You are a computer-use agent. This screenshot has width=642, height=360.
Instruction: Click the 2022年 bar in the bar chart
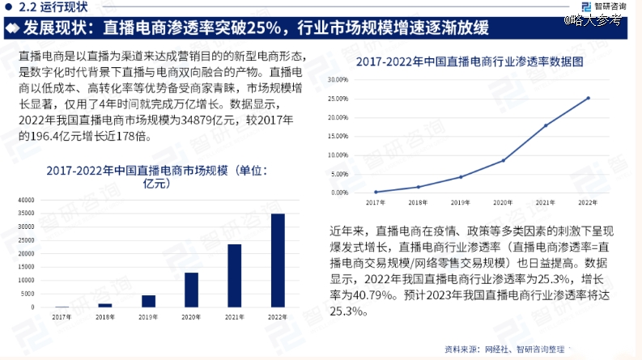278,260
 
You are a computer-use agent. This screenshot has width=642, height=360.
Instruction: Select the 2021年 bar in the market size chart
234,276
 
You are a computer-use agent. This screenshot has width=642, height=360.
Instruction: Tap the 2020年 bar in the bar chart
191,290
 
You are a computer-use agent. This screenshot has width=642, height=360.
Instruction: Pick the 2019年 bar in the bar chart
148,301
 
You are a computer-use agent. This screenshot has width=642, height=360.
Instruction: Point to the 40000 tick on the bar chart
27,199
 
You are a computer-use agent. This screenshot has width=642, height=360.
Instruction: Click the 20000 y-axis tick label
27,253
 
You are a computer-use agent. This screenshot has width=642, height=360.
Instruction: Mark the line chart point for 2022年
589,98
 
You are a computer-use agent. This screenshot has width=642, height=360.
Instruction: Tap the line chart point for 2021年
546,125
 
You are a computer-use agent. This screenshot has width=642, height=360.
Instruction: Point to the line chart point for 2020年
503,160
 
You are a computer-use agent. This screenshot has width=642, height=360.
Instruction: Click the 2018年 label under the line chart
418,202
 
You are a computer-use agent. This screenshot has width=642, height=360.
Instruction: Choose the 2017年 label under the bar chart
62,316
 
